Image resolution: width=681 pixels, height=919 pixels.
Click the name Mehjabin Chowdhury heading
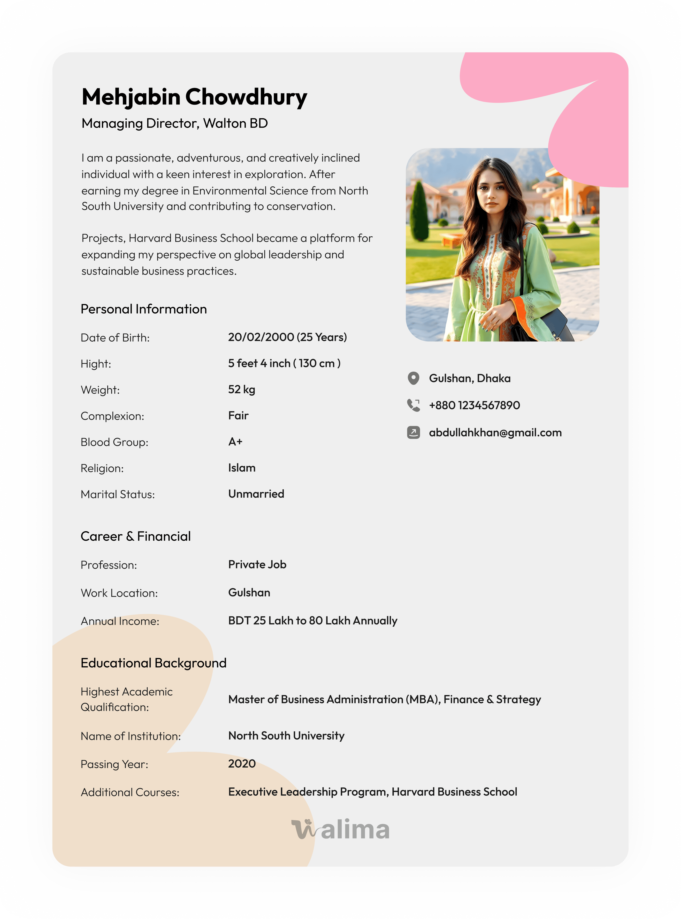tap(194, 97)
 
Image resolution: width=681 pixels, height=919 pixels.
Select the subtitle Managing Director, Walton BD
tap(174, 123)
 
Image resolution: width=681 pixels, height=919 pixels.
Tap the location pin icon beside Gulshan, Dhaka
tap(413, 378)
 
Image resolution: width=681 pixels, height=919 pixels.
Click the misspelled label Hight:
tap(96, 364)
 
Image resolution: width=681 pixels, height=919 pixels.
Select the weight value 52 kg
tap(242, 390)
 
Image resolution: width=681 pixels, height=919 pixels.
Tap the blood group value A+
tap(235, 442)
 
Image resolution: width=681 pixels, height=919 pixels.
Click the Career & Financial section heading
tap(136, 536)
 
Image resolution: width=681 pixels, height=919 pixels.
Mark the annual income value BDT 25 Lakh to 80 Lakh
tap(313, 620)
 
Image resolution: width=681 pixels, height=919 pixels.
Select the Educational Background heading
tap(153, 663)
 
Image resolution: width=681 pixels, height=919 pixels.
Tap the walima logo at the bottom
tap(340, 829)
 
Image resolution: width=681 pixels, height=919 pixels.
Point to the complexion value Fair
tap(238, 415)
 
